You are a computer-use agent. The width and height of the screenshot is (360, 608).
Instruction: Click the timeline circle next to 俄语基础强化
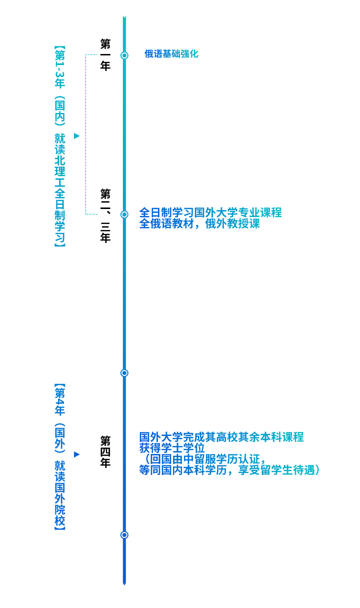coord(124,55)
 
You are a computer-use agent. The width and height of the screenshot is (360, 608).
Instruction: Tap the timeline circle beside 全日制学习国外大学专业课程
coord(124,214)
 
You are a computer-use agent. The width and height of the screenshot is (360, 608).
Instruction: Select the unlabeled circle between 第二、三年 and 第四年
coord(124,373)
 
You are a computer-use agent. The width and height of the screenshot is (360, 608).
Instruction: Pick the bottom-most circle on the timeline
coord(124,535)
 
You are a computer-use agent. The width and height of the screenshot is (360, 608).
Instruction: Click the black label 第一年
coord(105,55)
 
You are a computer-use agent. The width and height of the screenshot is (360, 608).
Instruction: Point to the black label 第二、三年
coord(105,215)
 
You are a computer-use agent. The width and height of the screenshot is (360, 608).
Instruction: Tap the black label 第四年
coord(105,452)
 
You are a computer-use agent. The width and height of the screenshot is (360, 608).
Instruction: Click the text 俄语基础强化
coord(171,53)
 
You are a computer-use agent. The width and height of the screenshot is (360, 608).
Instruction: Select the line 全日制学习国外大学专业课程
coord(210,212)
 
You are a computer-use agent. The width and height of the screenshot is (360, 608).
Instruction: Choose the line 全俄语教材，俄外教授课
coord(199,223)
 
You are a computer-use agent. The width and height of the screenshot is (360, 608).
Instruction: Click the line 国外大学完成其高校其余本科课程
coord(221,437)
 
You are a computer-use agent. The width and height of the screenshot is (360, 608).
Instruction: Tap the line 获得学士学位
coord(172,448)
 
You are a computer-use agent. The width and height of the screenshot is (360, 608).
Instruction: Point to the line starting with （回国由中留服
coord(203,459)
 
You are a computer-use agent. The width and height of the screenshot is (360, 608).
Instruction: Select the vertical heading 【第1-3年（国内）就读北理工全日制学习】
coord(59,146)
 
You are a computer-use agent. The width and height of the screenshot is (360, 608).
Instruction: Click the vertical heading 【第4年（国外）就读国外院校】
coord(59,457)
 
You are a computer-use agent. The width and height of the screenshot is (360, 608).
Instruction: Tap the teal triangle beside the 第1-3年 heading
coord(77,136)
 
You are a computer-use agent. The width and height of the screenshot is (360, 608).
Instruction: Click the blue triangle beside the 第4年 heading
coord(77,454)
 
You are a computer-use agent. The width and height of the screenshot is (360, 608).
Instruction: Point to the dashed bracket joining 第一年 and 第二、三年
coord(86,134)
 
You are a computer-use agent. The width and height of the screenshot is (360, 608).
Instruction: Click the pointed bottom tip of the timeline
coord(124,585)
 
